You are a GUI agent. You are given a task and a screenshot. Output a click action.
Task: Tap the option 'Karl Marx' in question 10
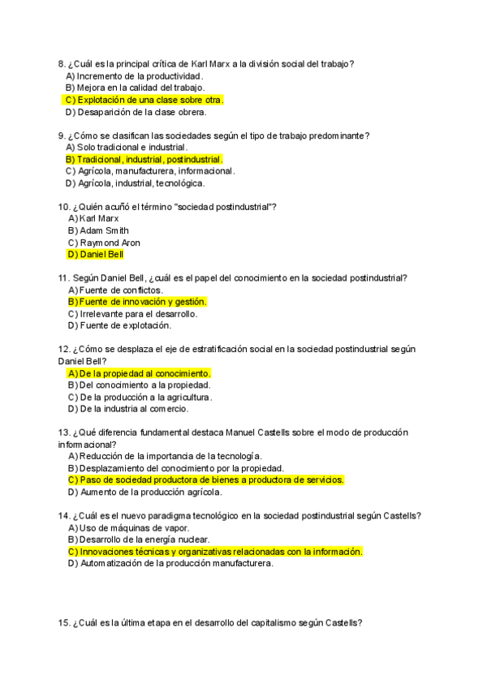click(x=99, y=219)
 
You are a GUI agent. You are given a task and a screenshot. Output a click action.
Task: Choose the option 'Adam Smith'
click(x=103, y=230)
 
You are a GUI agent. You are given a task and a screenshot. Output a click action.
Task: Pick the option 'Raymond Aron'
click(x=110, y=243)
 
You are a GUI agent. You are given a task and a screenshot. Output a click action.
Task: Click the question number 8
click(x=62, y=64)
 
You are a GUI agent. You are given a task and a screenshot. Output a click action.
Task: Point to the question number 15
click(x=64, y=623)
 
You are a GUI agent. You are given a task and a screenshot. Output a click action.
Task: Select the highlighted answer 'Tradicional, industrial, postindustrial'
click(x=144, y=160)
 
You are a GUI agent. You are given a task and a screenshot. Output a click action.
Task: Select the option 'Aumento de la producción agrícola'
click(x=146, y=492)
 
